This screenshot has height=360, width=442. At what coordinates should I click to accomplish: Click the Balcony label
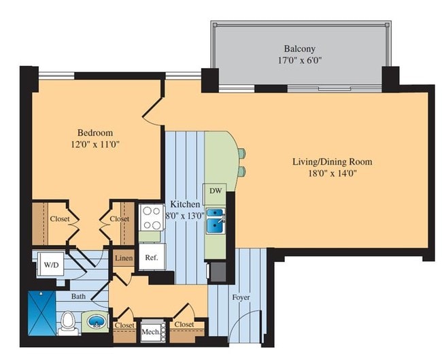pos(299,49)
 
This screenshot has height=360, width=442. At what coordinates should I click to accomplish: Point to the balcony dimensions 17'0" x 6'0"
pos(299,61)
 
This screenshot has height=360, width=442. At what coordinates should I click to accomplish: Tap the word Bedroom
pos(95,132)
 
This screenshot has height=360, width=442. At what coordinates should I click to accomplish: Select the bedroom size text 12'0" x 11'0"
pos(95,144)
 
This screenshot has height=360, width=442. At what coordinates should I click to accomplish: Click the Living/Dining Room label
pos(332,161)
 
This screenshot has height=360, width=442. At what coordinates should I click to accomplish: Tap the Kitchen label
pos(185,204)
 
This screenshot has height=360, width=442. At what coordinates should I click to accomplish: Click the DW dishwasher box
pos(216,191)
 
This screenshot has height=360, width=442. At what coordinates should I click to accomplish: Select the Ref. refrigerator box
pos(150,258)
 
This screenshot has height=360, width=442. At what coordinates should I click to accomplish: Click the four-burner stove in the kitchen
pos(150,217)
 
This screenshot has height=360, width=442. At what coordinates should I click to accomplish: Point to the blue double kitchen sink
pos(216,221)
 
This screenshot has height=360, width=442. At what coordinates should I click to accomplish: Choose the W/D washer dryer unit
pos(50,264)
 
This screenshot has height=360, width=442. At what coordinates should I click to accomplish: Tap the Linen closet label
pos(123,259)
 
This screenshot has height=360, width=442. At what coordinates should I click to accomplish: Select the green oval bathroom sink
pos(95,321)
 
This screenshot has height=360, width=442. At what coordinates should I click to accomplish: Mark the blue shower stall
pos(41,312)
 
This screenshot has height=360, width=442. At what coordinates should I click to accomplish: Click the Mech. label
pos(150,332)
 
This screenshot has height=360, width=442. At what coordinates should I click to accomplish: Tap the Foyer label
pos(241,297)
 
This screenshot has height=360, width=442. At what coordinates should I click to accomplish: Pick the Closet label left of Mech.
pos(124,325)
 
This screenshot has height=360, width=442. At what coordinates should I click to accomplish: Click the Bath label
pos(80,297)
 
